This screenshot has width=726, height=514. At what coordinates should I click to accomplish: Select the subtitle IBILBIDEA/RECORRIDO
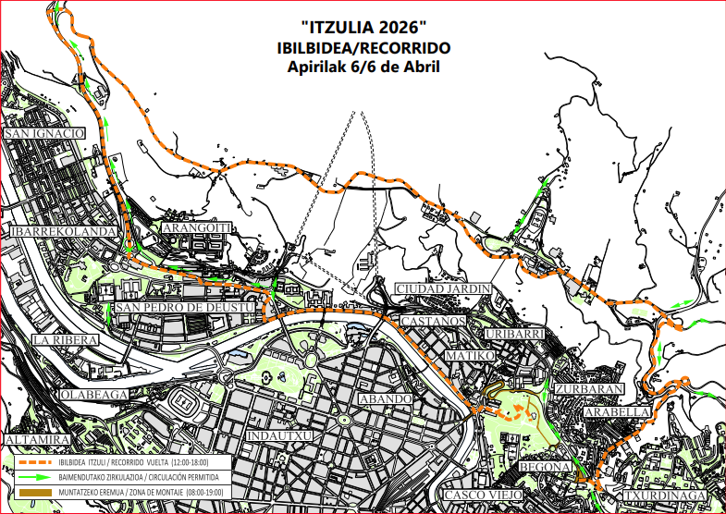(363, 47)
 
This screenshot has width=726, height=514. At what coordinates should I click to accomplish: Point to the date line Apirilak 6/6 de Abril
(363, 67)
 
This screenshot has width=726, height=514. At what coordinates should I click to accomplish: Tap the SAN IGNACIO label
(45, 134)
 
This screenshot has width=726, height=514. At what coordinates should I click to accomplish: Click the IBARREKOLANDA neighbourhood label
(64, 231)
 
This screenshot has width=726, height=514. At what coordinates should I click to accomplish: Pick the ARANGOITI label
(194, 227)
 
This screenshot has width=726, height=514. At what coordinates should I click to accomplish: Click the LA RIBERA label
(65, 340)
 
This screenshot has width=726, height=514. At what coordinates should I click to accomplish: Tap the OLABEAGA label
(92, 394)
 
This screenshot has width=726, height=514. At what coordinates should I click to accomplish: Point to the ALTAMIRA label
(38, 438)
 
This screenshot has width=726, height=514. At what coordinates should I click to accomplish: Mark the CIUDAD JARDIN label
(442, 289)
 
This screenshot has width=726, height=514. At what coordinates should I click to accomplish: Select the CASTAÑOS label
(433, 321)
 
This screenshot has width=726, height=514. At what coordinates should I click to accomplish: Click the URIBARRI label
(512, 333)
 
